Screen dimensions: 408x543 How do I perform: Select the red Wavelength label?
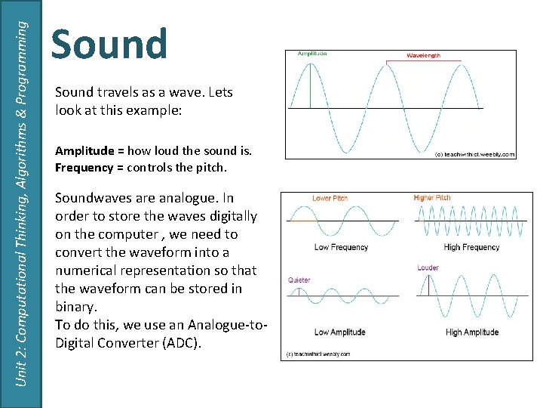click(x=423, y=55)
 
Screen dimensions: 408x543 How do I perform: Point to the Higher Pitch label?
click(x=432, y=198)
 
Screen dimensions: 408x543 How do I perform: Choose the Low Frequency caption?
click(x=341, y=247)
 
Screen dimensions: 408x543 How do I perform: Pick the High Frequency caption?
click(x=471, y=247)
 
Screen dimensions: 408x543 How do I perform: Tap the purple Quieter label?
click(x=299, y=280)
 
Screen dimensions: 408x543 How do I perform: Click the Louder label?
click(x=428, y=267)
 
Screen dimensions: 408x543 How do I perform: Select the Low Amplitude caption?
click(x=339, y=332)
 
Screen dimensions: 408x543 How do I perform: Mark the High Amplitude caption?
click(x=472, y=332)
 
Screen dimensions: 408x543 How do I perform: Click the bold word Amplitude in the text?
click(x=84, y=151)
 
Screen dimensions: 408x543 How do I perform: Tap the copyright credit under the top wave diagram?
click(x=474, y=154)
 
